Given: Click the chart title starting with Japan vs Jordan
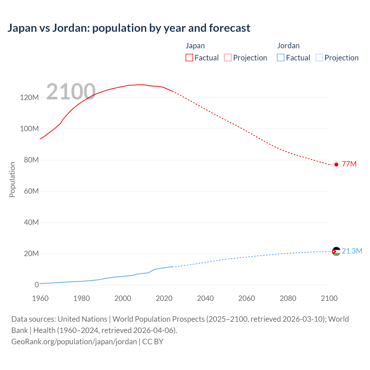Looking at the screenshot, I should (x=129, y=28).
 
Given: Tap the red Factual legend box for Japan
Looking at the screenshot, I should (x=189, y=58).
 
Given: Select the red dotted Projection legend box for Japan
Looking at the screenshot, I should (x=228, y=58).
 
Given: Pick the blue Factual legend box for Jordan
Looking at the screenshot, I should (x=281, y=58).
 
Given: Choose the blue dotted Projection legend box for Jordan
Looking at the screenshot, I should (x=319, y=58).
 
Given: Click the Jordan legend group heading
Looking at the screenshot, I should (x=288, y=46).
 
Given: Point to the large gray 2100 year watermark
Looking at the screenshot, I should (x=71, y=92).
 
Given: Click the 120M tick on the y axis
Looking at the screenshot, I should (x=29, y=97).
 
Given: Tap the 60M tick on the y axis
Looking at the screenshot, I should (x=31, y=191).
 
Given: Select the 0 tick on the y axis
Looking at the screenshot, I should (x=36, y=285).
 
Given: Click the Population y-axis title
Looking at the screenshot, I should (x=12, y=180).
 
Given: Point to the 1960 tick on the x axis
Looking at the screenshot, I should (x=40, y=298).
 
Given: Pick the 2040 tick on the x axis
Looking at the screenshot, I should (x=205, y=298).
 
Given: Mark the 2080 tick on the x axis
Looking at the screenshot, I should (x=288, y=298).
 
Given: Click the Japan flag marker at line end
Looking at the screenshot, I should (x=336, y=164).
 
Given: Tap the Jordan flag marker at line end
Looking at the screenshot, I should (x=336, y=251).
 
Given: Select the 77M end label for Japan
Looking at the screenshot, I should (x=349, y=164).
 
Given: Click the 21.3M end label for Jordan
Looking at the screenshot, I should (x=352, y=251).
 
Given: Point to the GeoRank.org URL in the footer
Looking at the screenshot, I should (x=74, y=341).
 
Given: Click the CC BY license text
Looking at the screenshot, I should (x=153, y=341).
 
